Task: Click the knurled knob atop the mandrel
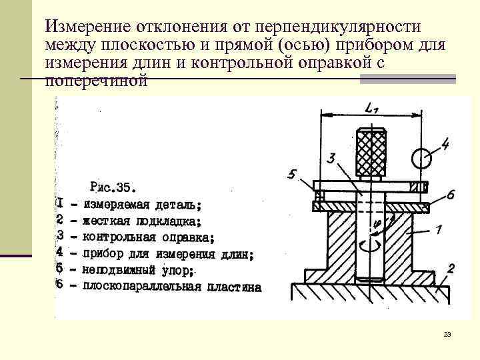tap(372, 151)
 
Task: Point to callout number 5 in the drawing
tap(291, 175)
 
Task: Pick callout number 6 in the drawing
tap(450, 195)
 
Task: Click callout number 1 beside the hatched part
tap(438, 230)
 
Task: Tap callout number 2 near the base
tap(451, 269)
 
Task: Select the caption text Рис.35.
tap(112, 185)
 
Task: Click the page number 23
tap(447, 334)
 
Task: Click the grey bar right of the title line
tap(408, 79)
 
